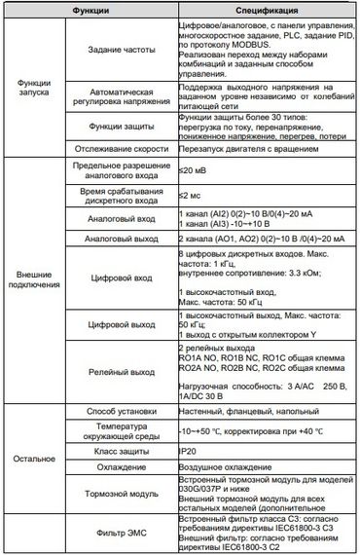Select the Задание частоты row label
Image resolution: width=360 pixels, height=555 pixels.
[x=117, y=53]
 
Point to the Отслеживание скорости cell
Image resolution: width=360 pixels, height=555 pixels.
[x=117, y=148]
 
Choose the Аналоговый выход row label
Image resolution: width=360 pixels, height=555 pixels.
[x=117, y=238]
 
